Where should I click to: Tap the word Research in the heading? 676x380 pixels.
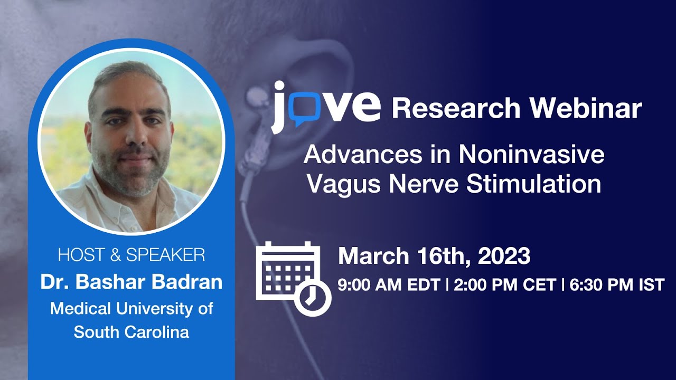tap(456, 108)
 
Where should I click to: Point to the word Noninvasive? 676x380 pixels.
tap(531, 155)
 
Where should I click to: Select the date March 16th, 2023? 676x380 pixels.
tap(434, 256)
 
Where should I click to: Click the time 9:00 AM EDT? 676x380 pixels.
tap(389, 285)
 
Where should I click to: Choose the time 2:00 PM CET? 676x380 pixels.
tap(504, 285)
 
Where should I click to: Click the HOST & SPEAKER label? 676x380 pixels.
tap(132, 255)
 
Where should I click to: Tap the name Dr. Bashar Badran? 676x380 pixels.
tap(132, 282)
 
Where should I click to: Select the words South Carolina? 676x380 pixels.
tap(132, 332)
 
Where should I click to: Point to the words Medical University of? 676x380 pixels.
tap(132, 308)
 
